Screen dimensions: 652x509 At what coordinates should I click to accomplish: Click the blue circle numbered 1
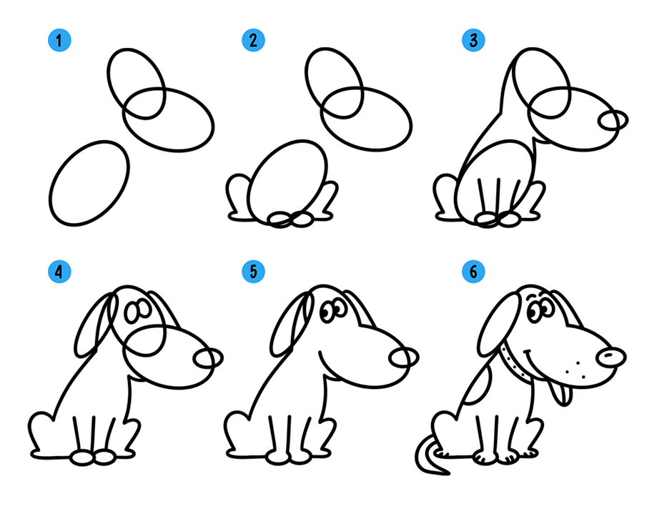pyautogui.click(x=59, y=40)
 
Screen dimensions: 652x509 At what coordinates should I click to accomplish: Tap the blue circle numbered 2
pyautogui.click(x=253, y=40)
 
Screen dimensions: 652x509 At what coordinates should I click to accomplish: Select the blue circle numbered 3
pyautogui.click(x=473, y=40)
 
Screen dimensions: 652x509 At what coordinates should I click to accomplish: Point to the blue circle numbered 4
pyautogui.click(x=59, y=272)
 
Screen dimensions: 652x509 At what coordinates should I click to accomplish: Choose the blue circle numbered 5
pyautogui.click(x=253, y=272)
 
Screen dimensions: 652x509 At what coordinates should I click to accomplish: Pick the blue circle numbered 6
pyautogui.click(x=473, y=272)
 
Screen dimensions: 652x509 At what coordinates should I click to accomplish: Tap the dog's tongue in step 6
pyautogui.click(x=559, y=394)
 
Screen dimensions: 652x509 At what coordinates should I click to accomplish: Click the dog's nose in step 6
pyautogui.click(x=611, y=357)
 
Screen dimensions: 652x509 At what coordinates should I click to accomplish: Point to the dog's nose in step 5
pyautogui.click(x=404, y=357)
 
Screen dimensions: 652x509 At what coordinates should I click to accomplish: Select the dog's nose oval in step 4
pyautogui.click(x=208, y=357)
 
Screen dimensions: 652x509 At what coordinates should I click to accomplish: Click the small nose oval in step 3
pyautogui.click(x=613, y=121)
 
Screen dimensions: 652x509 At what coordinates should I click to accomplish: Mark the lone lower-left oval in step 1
pyautogui.click(x=89, y=184)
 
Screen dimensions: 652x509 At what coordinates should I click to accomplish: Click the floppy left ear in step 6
pyautogui.click(x=499, y=325)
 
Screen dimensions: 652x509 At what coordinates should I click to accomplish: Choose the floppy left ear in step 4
pyautogui.click(x=95, y=325)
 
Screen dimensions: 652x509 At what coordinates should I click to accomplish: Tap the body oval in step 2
pyautogui.click(x=287, y=182)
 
